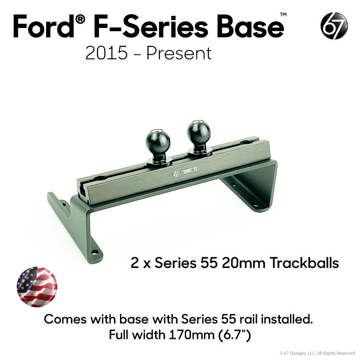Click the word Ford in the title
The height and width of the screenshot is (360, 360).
click(44, 26)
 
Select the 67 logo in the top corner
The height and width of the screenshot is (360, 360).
click(334, 26)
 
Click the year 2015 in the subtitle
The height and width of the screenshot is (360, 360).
click(106, 53)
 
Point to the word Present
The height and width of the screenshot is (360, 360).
click(179, 53)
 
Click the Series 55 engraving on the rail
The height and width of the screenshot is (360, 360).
click(190, 170)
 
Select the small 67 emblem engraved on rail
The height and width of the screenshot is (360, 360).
click(176, 174)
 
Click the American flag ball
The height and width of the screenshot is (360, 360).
click(37, 287)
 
